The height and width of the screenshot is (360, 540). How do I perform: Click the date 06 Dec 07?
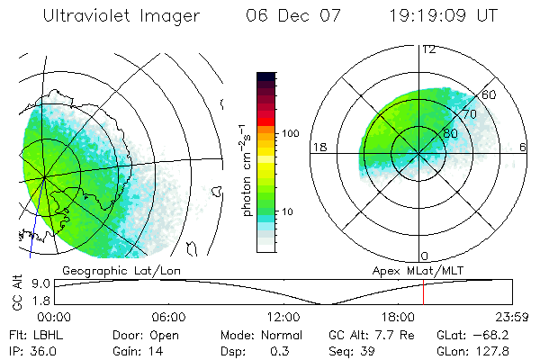coord(286,16)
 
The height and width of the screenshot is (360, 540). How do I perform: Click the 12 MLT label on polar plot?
coord(428,49)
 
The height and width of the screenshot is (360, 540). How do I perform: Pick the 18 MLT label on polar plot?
coord(318,147)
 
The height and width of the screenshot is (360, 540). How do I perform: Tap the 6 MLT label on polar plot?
coord(523,147)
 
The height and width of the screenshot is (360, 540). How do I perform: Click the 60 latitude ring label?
coord(490,94)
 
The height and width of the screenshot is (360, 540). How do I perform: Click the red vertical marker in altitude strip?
coord(423,292)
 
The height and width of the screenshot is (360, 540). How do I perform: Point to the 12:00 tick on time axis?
coord(283,317)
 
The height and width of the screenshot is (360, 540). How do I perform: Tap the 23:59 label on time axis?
coord(511,317)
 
